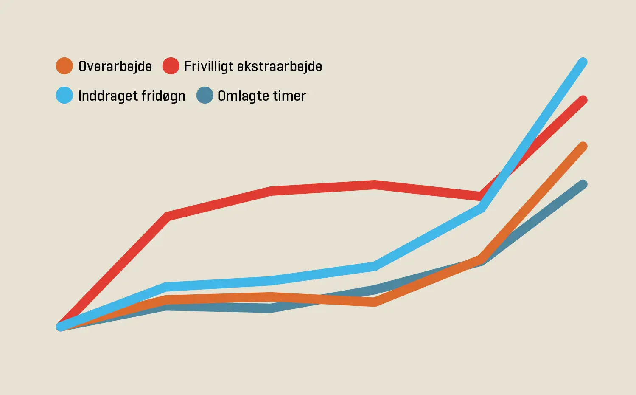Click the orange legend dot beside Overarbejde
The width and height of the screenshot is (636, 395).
(64, 66)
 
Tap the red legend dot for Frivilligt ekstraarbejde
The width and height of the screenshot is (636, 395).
(171, 66)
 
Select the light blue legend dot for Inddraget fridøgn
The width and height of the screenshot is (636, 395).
(64, 95)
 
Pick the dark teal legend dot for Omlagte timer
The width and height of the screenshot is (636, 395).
(205, 95)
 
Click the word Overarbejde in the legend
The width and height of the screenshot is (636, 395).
(115, 66)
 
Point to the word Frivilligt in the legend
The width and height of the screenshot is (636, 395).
(208, 67)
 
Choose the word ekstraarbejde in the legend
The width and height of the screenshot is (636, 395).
(279, 66)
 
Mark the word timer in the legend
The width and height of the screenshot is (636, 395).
(289, 96)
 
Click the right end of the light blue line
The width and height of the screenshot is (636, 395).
(583, 62)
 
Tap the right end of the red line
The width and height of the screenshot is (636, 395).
(583, 100)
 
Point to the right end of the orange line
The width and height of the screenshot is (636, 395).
(583, 147)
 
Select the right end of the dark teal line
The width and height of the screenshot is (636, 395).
(583, 184)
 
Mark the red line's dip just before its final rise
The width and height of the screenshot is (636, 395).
(479, 196)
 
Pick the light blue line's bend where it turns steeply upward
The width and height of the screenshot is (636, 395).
(481, 208)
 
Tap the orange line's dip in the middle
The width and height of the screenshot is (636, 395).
(374, 302)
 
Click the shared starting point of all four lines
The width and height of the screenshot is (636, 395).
(61, 327)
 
